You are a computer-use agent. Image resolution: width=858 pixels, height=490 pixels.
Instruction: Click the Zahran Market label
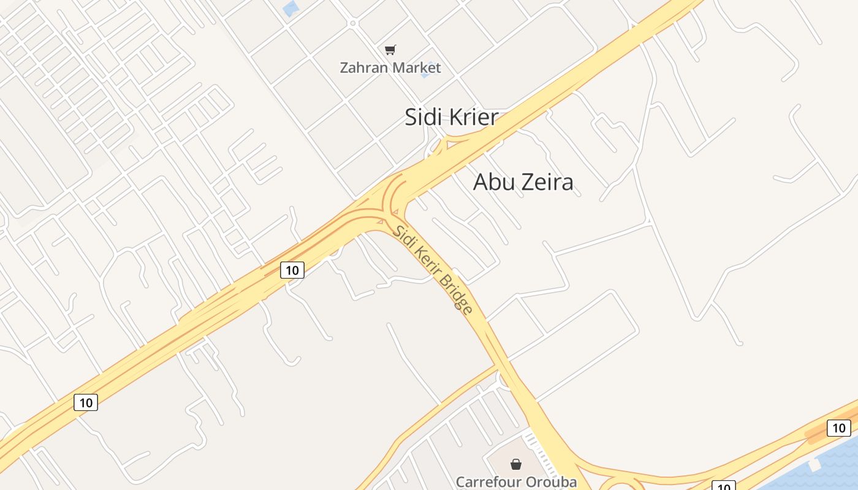point(390,67)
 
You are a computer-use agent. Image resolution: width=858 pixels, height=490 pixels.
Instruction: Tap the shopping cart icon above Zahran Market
point(390,50)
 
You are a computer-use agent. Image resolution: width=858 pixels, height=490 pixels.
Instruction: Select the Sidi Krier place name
point(451,117)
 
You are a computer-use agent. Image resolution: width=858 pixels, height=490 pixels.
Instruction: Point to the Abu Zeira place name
point(523,182)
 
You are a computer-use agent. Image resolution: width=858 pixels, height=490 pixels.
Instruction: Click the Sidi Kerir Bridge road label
point(433,269)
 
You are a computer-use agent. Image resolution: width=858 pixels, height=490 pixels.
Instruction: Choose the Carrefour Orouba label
point(516,482)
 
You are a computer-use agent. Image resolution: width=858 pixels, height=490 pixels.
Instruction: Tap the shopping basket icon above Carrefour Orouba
point(516,464)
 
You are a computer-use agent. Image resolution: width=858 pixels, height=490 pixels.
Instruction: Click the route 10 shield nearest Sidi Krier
point(292,269)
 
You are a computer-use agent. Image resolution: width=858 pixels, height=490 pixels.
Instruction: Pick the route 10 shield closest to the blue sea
point(838,428)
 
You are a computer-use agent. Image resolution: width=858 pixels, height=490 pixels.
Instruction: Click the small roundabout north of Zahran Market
point(352,23)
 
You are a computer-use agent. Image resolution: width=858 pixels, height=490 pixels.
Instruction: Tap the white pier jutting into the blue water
point(815,466)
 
